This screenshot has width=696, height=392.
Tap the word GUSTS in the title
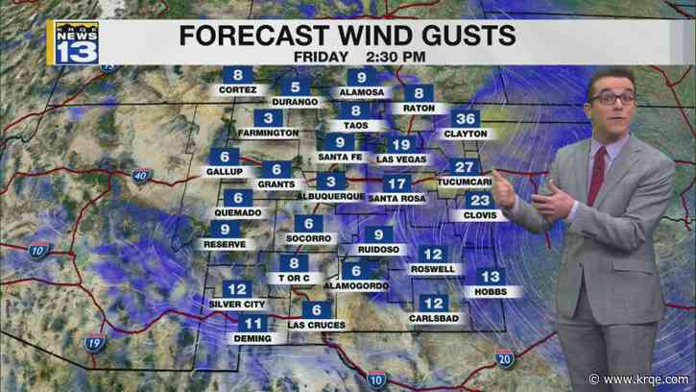[x=462, y=36]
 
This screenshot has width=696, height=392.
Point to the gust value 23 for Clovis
[x=479, y=200]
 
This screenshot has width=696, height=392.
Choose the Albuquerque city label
[x=330, y=197]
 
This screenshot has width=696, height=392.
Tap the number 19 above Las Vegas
[x=401, y=144]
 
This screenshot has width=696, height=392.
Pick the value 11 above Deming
[x=252, y=324]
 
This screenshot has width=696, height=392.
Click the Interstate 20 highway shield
[x=507, y=357]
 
